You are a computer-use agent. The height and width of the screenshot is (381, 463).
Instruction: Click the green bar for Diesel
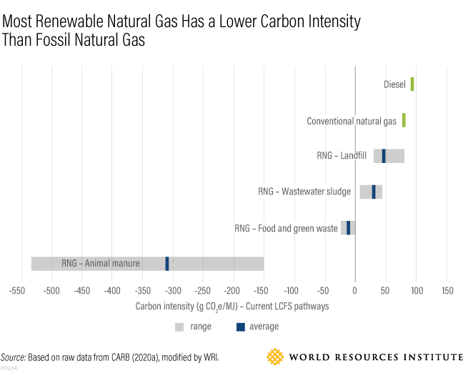412,84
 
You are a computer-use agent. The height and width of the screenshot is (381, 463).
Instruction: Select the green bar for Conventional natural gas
404,120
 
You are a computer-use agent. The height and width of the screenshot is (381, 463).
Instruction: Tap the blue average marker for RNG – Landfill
384,156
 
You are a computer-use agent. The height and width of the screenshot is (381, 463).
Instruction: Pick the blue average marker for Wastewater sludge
374,192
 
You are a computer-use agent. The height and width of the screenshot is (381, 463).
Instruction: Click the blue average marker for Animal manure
167,263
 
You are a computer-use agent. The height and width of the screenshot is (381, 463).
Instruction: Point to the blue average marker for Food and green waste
349,228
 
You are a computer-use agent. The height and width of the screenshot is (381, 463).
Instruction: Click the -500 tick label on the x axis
51,291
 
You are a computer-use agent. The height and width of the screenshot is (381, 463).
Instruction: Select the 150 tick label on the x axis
447,291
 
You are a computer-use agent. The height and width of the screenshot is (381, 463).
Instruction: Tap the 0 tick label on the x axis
355,291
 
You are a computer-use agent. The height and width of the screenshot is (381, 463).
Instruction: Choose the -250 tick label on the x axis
202,291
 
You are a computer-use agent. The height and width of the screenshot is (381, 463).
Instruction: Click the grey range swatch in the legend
179,327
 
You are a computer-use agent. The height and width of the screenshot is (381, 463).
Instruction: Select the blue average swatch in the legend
241,327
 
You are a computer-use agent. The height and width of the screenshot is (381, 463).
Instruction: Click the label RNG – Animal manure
101,264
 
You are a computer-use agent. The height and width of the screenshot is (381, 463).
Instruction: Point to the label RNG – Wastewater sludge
304,192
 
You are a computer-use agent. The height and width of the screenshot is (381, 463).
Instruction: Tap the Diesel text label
394,84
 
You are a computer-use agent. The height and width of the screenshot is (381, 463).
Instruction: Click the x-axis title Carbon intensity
231,306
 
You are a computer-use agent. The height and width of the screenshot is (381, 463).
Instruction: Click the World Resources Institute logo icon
275,356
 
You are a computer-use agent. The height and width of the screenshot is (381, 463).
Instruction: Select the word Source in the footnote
13,357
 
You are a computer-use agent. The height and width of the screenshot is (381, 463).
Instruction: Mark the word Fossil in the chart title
46,41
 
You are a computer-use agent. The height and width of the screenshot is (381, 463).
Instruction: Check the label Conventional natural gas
351,122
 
